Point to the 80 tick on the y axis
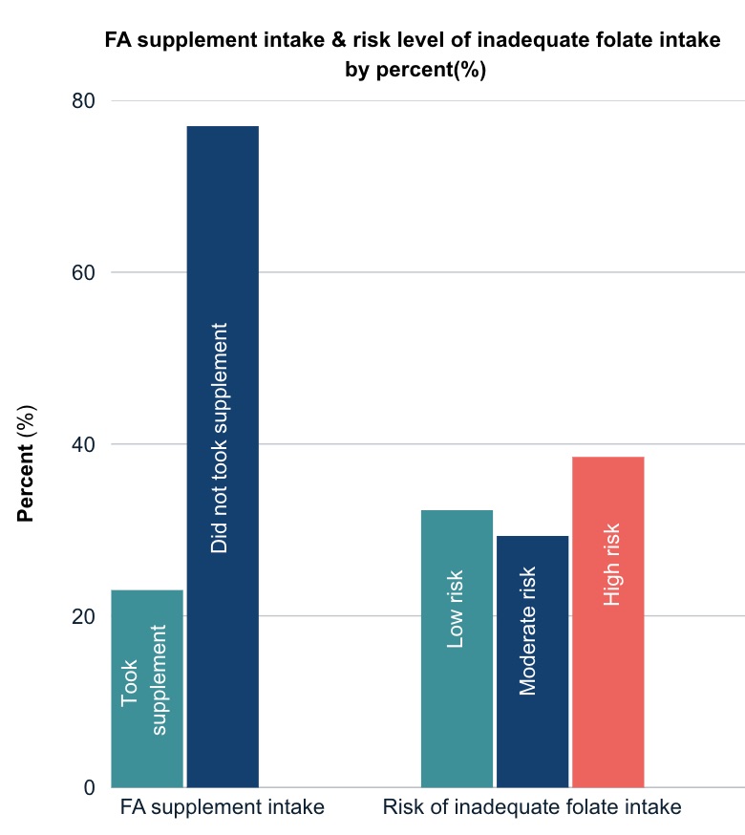84,101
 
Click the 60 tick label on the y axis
84,272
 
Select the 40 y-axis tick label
84,444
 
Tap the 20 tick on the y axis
84,616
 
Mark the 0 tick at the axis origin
90,787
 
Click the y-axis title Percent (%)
26,464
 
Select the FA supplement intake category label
223,807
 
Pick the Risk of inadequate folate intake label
532,807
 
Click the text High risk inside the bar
611,565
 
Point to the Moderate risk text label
528,632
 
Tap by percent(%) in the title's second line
415,71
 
